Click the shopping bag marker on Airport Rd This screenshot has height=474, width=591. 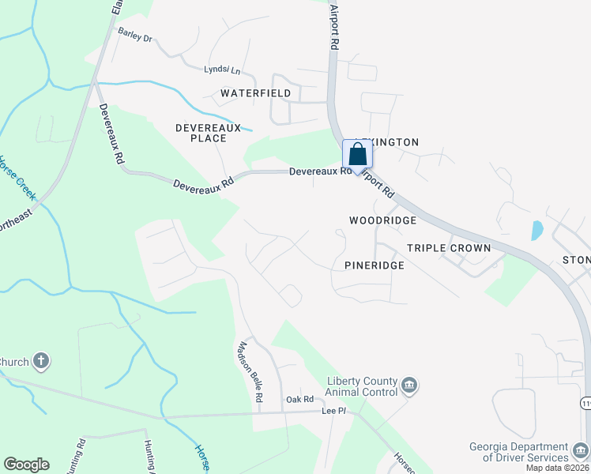tap(357, 155)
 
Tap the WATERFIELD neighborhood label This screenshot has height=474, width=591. tap(255, 93)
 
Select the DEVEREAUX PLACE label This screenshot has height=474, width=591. tap(201, 132)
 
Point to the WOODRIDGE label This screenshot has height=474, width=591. tap(382, 220)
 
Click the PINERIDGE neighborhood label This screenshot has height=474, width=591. tap(375, 265)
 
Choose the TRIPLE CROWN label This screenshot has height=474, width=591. tap(449, 248)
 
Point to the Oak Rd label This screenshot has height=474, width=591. tap(300, 400)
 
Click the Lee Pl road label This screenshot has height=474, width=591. tap(333, 411)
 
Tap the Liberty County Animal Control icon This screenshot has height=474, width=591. tap(409, 386)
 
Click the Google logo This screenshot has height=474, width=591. tap(26, 465)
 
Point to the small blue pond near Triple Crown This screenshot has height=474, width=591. tap(537, 230)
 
